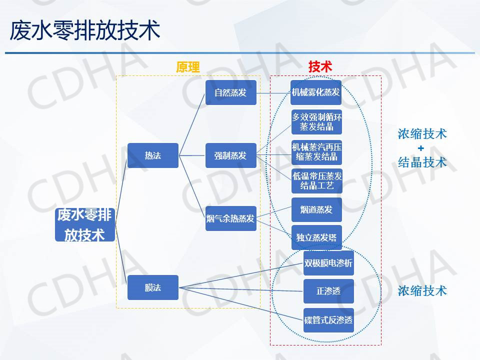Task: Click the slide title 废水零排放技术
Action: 85,30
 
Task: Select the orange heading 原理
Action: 188,67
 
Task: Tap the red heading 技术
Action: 320,67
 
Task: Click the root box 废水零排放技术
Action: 85,225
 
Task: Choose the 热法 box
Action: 153,155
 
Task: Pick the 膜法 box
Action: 153,287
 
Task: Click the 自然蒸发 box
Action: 230,92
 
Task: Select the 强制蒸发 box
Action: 230,155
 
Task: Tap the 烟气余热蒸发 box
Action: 230,218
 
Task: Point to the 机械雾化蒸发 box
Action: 316,92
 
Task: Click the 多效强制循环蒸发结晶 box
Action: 316,122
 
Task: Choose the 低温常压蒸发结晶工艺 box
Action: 316,181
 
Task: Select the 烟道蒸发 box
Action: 316,210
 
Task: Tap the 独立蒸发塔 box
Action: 316,237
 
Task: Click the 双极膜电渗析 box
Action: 328,263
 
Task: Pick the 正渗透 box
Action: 328,291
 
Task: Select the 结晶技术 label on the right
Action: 422,162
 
